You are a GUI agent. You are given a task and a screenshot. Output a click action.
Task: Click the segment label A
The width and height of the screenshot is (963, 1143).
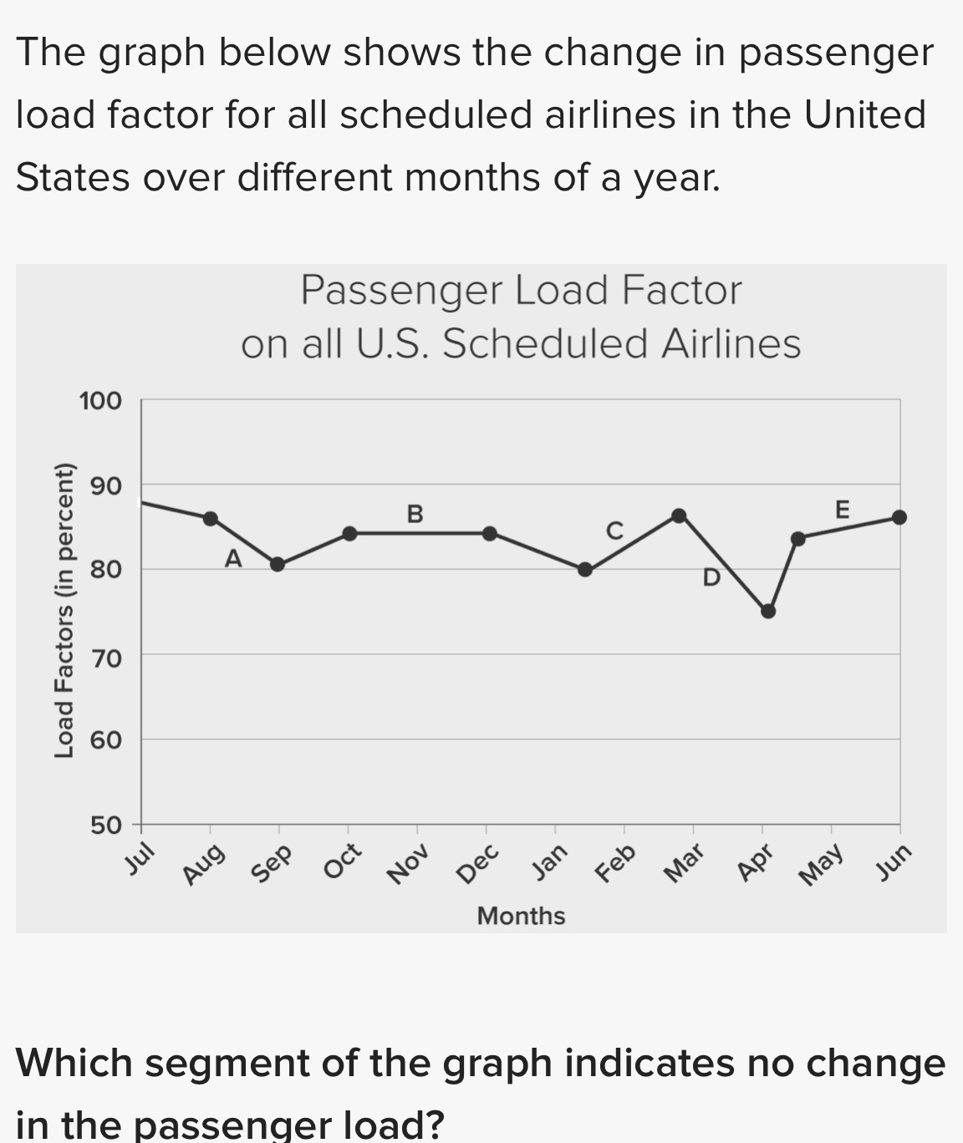(x=233, y=558)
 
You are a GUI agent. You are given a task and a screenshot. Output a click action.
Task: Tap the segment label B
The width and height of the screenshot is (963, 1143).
(x=415, y=513)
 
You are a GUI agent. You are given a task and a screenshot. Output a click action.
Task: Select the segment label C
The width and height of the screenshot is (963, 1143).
(x=614, y=531)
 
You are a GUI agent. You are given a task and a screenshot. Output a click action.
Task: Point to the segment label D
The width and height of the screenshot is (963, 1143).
(x=711, y=577)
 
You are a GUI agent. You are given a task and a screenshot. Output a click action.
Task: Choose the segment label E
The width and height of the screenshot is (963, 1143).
(x=842, y=509)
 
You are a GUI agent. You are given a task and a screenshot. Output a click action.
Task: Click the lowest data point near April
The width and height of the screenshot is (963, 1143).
(x=768, y=611)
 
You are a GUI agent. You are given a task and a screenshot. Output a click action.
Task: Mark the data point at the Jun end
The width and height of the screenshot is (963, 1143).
(x=899, y=517)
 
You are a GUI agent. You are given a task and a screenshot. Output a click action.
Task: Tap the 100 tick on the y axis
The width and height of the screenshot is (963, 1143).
(x=100, y=401)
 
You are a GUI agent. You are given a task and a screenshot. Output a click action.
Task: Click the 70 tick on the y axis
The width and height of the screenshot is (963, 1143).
(x=106, y=658)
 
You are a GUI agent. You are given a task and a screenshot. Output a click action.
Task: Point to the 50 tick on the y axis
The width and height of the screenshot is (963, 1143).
(x=106, y=825)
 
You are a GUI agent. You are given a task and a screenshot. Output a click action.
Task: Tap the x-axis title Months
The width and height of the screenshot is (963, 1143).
(x=521, y=916)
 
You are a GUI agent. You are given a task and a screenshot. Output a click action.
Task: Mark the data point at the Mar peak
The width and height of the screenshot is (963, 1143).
(x=680, y=516)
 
